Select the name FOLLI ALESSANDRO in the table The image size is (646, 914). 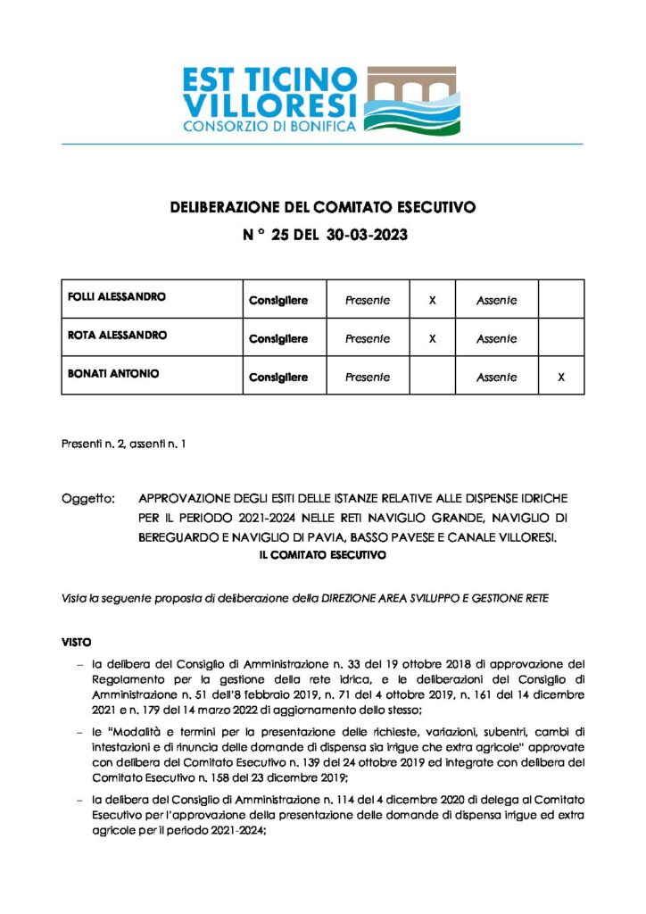[x=117, y=296]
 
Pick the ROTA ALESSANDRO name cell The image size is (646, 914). [x=117, y=335]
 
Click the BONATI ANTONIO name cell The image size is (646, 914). [x=113, y=373]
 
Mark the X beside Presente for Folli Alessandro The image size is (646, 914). [x=432, y=300]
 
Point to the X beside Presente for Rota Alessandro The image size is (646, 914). [x=432, y=338]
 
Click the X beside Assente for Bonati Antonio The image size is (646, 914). [x=561, y=377]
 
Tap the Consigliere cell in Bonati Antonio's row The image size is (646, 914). [x=277, y=377]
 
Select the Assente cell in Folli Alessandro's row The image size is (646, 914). [x=496, y=300]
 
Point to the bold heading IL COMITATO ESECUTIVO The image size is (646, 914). [x=322, y=555]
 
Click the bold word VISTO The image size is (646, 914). [x=76, y=642]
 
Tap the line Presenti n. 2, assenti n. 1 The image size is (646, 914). [x=123, y=444]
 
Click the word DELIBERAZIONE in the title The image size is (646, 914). [x=224, y=208]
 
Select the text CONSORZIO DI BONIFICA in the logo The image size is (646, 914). [x=269, y=127]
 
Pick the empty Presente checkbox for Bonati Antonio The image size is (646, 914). [x=432, y=377]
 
